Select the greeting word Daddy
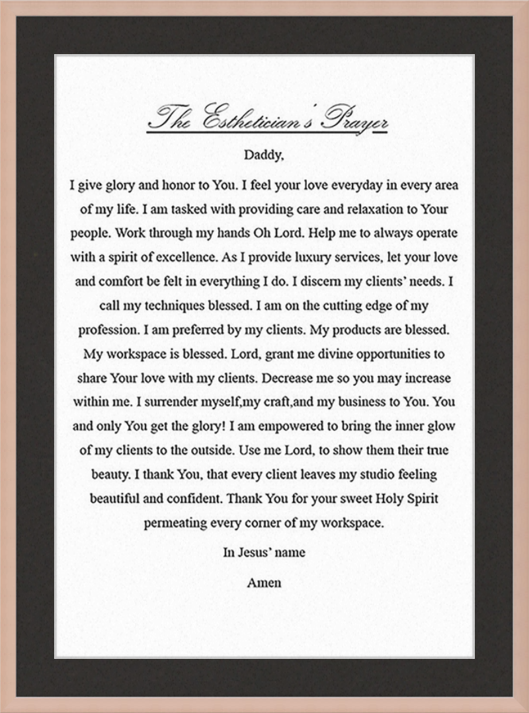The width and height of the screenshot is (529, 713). (263, 156)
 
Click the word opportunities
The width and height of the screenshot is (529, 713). (395, 354)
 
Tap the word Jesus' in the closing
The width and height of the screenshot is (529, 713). (255, 552)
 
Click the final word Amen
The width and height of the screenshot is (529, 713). (264, 583)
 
